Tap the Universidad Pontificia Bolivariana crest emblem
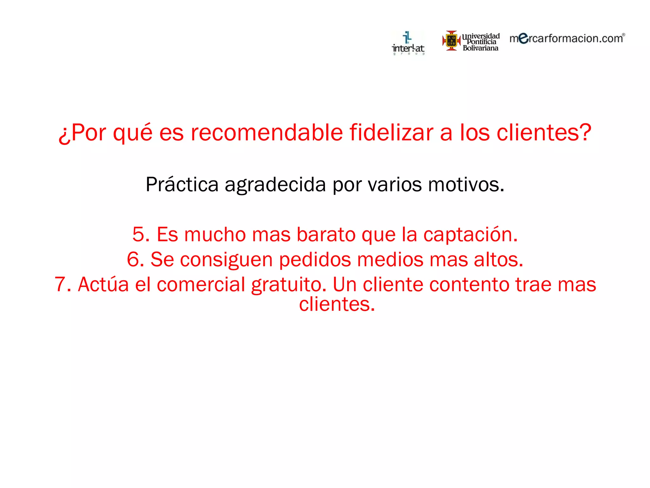(x=451, y=41)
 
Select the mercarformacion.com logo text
(x=567, y=38)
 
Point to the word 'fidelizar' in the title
(x=391, y=132)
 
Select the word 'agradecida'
(x=275, y=185)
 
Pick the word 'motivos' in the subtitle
(x=464, y=185)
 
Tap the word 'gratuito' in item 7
(x=288, y=284)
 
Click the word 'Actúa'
(x=103, y=284)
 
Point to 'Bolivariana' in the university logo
(x=481, y=48)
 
